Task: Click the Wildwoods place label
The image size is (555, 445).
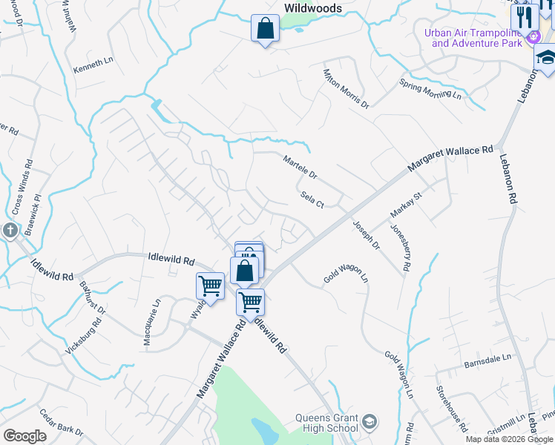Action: pyautogui.click(x=313, y=8)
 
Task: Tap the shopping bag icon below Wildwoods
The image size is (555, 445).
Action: pyautogui.click(x=265, y=30)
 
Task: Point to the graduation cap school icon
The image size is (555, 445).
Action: pyautogui.click(x=546, y=58)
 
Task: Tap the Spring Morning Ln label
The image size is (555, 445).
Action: pyautogui.click(x=430, y=89)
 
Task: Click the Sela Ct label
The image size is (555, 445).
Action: pyautogui.click(x=312, y=199)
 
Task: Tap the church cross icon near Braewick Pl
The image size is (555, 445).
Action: pyautogui.click(x=10, y=231)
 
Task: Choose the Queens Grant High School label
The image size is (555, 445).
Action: pyautogui.click(x=327, y=423)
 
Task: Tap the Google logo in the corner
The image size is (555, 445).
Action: pyautogui.click(x=24, y=436)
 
